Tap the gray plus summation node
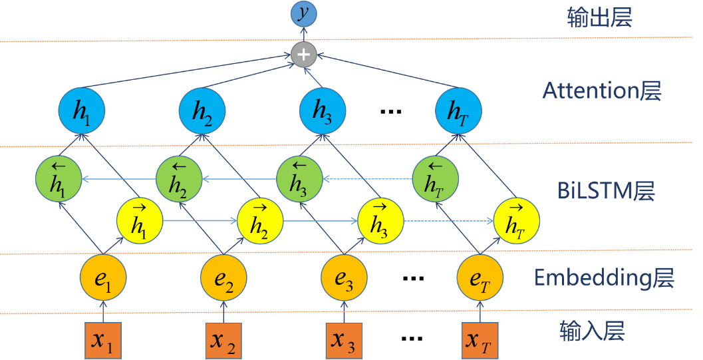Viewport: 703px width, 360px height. click(x=303, y=55)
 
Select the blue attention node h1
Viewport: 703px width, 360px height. click(x=82, y=111)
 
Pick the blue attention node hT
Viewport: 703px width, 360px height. click(x=458, y=111)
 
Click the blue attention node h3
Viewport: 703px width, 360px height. click(x=322, y=111)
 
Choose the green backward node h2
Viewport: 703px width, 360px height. click(x=178, y=179)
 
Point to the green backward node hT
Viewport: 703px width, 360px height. click(x=435, y=179)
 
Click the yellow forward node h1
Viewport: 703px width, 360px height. click(x=140, y=220)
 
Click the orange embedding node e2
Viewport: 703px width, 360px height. click(x=224, y=278)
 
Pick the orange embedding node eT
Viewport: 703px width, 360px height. click(x=480, y=278)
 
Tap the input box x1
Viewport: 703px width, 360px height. click(x=103, y=340)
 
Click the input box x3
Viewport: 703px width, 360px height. click(x=344, y=340)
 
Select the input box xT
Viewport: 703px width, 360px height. click(x=480, y=340)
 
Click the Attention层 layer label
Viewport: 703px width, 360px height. click(x=602, y=91)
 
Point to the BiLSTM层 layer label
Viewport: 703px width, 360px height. click(x=606, y=192)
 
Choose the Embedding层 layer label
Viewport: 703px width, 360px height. click(x=604, y=278)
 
